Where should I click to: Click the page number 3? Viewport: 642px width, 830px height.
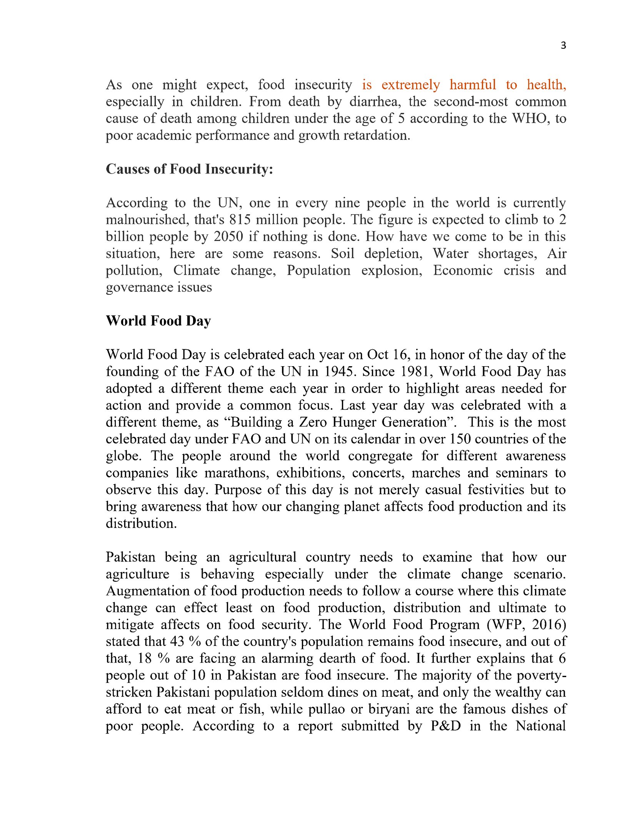tap(563, 46)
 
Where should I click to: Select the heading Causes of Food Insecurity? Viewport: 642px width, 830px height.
tap(189, 169)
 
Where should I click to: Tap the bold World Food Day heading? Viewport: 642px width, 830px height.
tap(158, 321)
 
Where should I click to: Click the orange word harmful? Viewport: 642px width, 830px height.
tap(473, 85)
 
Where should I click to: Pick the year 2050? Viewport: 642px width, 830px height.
tap(228, 237)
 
